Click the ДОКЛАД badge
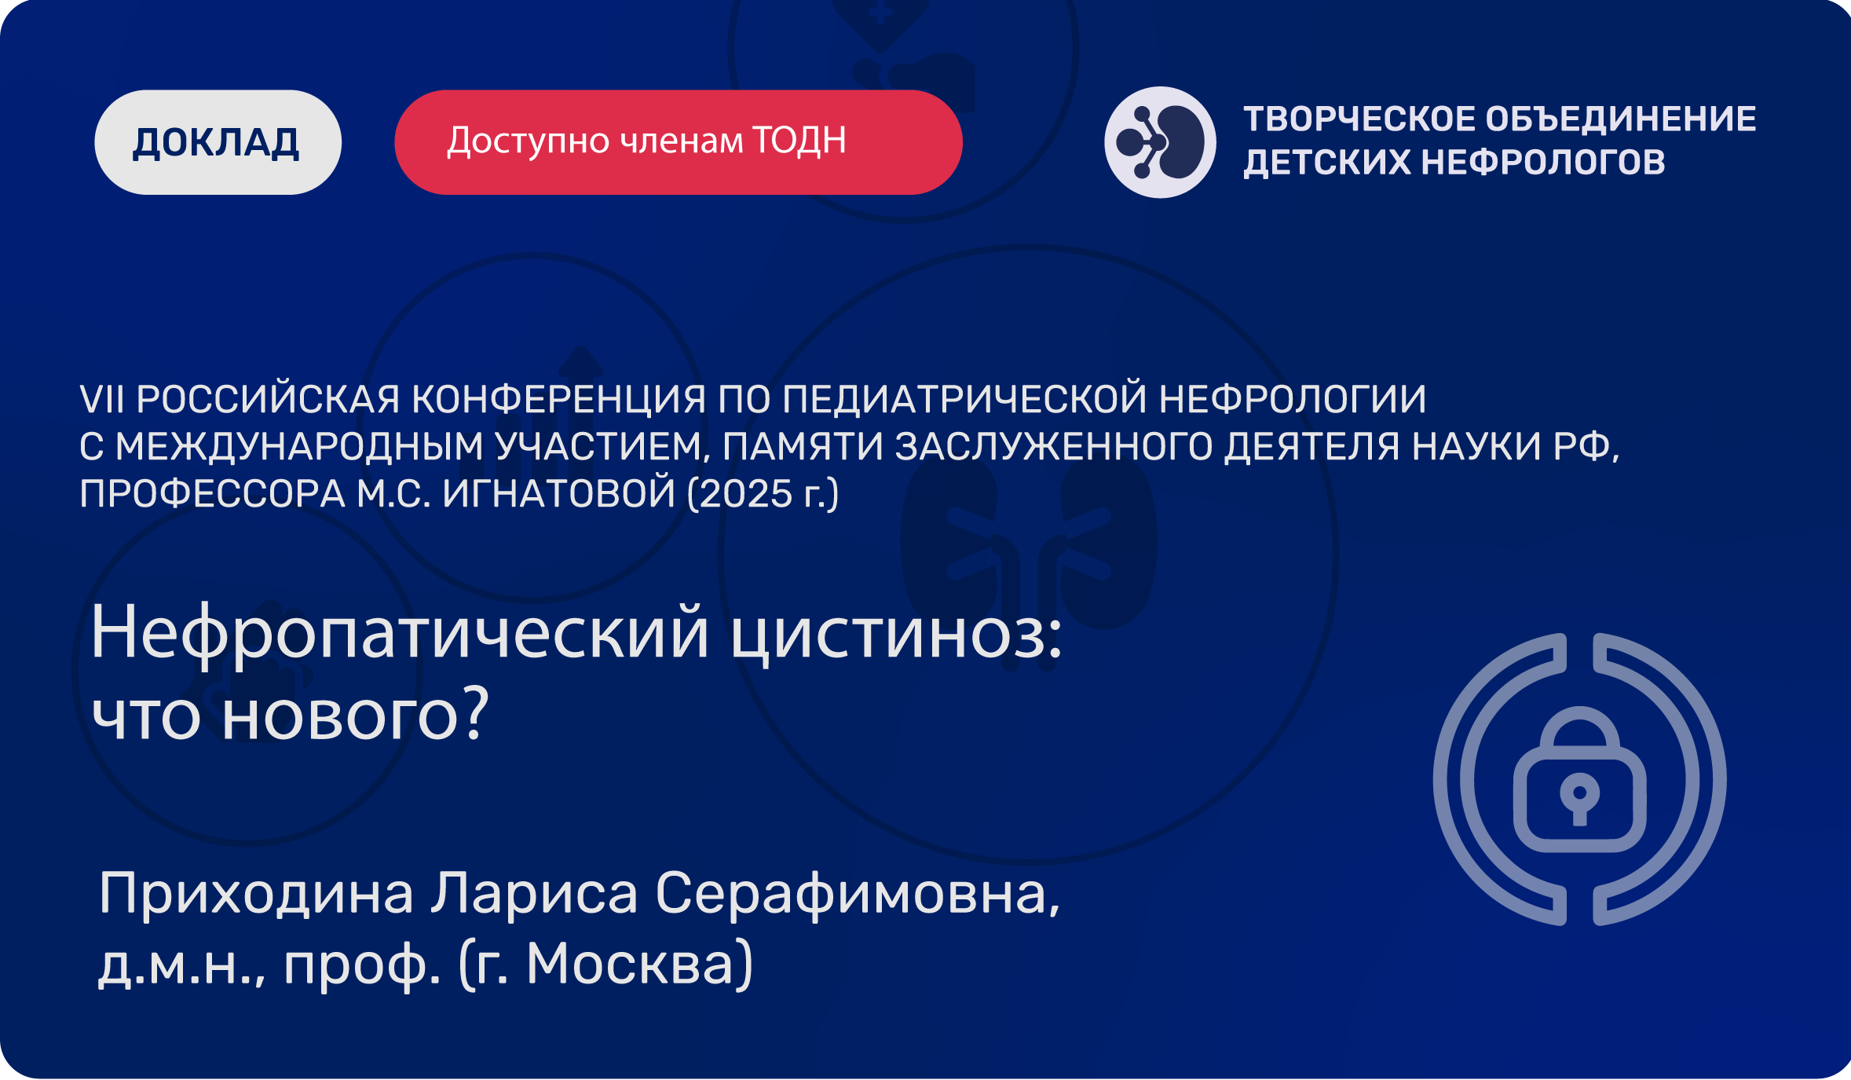(x=218, y=142)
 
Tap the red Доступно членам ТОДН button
(x=678, y=142)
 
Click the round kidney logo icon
(x=1160, y=142)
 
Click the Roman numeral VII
(x=102, y=399)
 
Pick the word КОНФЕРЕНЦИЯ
(x=558, y=399)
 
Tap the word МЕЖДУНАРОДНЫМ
(x=299, y=447)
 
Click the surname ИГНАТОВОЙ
(x=558, y=493)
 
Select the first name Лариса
(x=534, y=894)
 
